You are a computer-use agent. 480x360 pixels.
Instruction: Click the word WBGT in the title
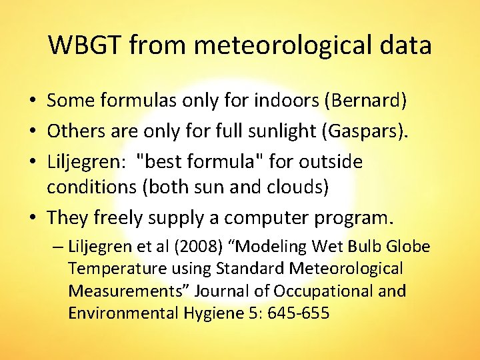pos(85,45)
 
